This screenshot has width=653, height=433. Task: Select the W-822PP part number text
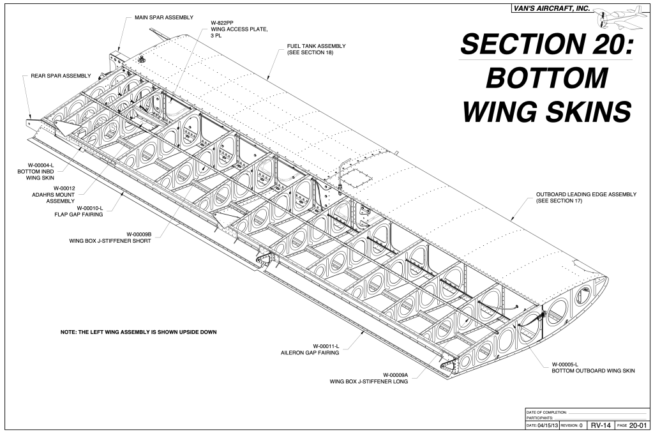click(x=223, y=22)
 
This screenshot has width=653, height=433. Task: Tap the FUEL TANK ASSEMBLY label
click(x=316, y=46)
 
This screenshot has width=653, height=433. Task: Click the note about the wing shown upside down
click(x=138, y=332)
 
